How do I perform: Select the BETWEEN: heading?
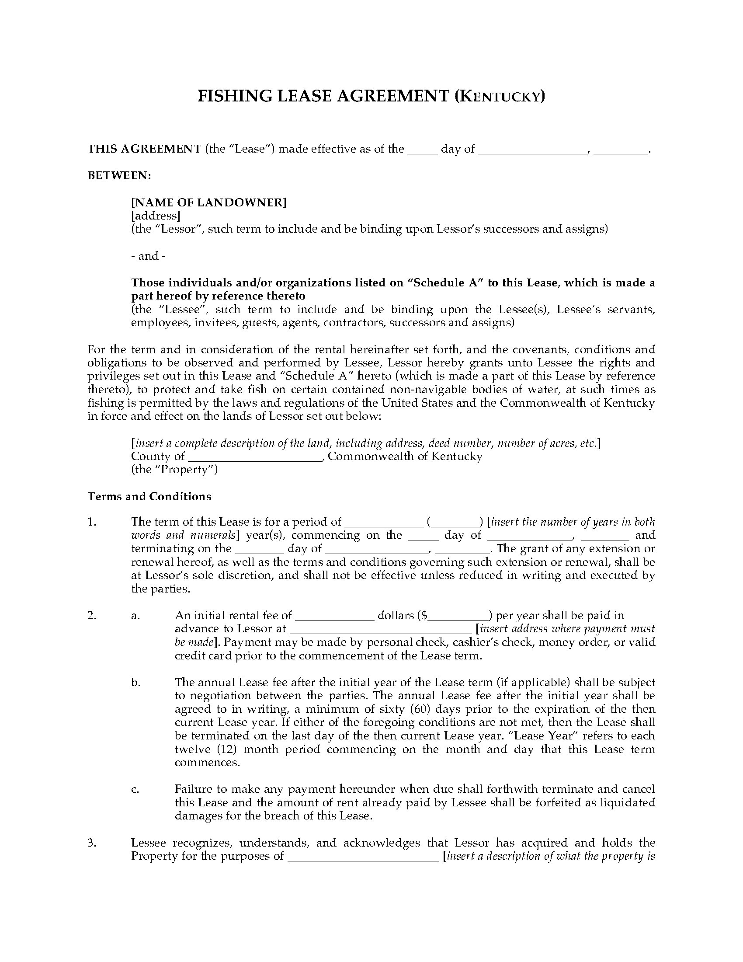[119, 176]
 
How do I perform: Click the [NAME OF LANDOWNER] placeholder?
[209, 202]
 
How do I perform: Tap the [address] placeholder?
[156, 216]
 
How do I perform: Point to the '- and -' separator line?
[148, 256]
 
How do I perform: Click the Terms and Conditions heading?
[149, 496]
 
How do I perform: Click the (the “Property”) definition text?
[174, 470]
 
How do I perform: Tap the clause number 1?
[91, 522]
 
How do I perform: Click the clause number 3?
[91, 843]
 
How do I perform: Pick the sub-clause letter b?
[135, 682]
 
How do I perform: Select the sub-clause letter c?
[135, 789]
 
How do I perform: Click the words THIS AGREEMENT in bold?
[144, 149]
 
